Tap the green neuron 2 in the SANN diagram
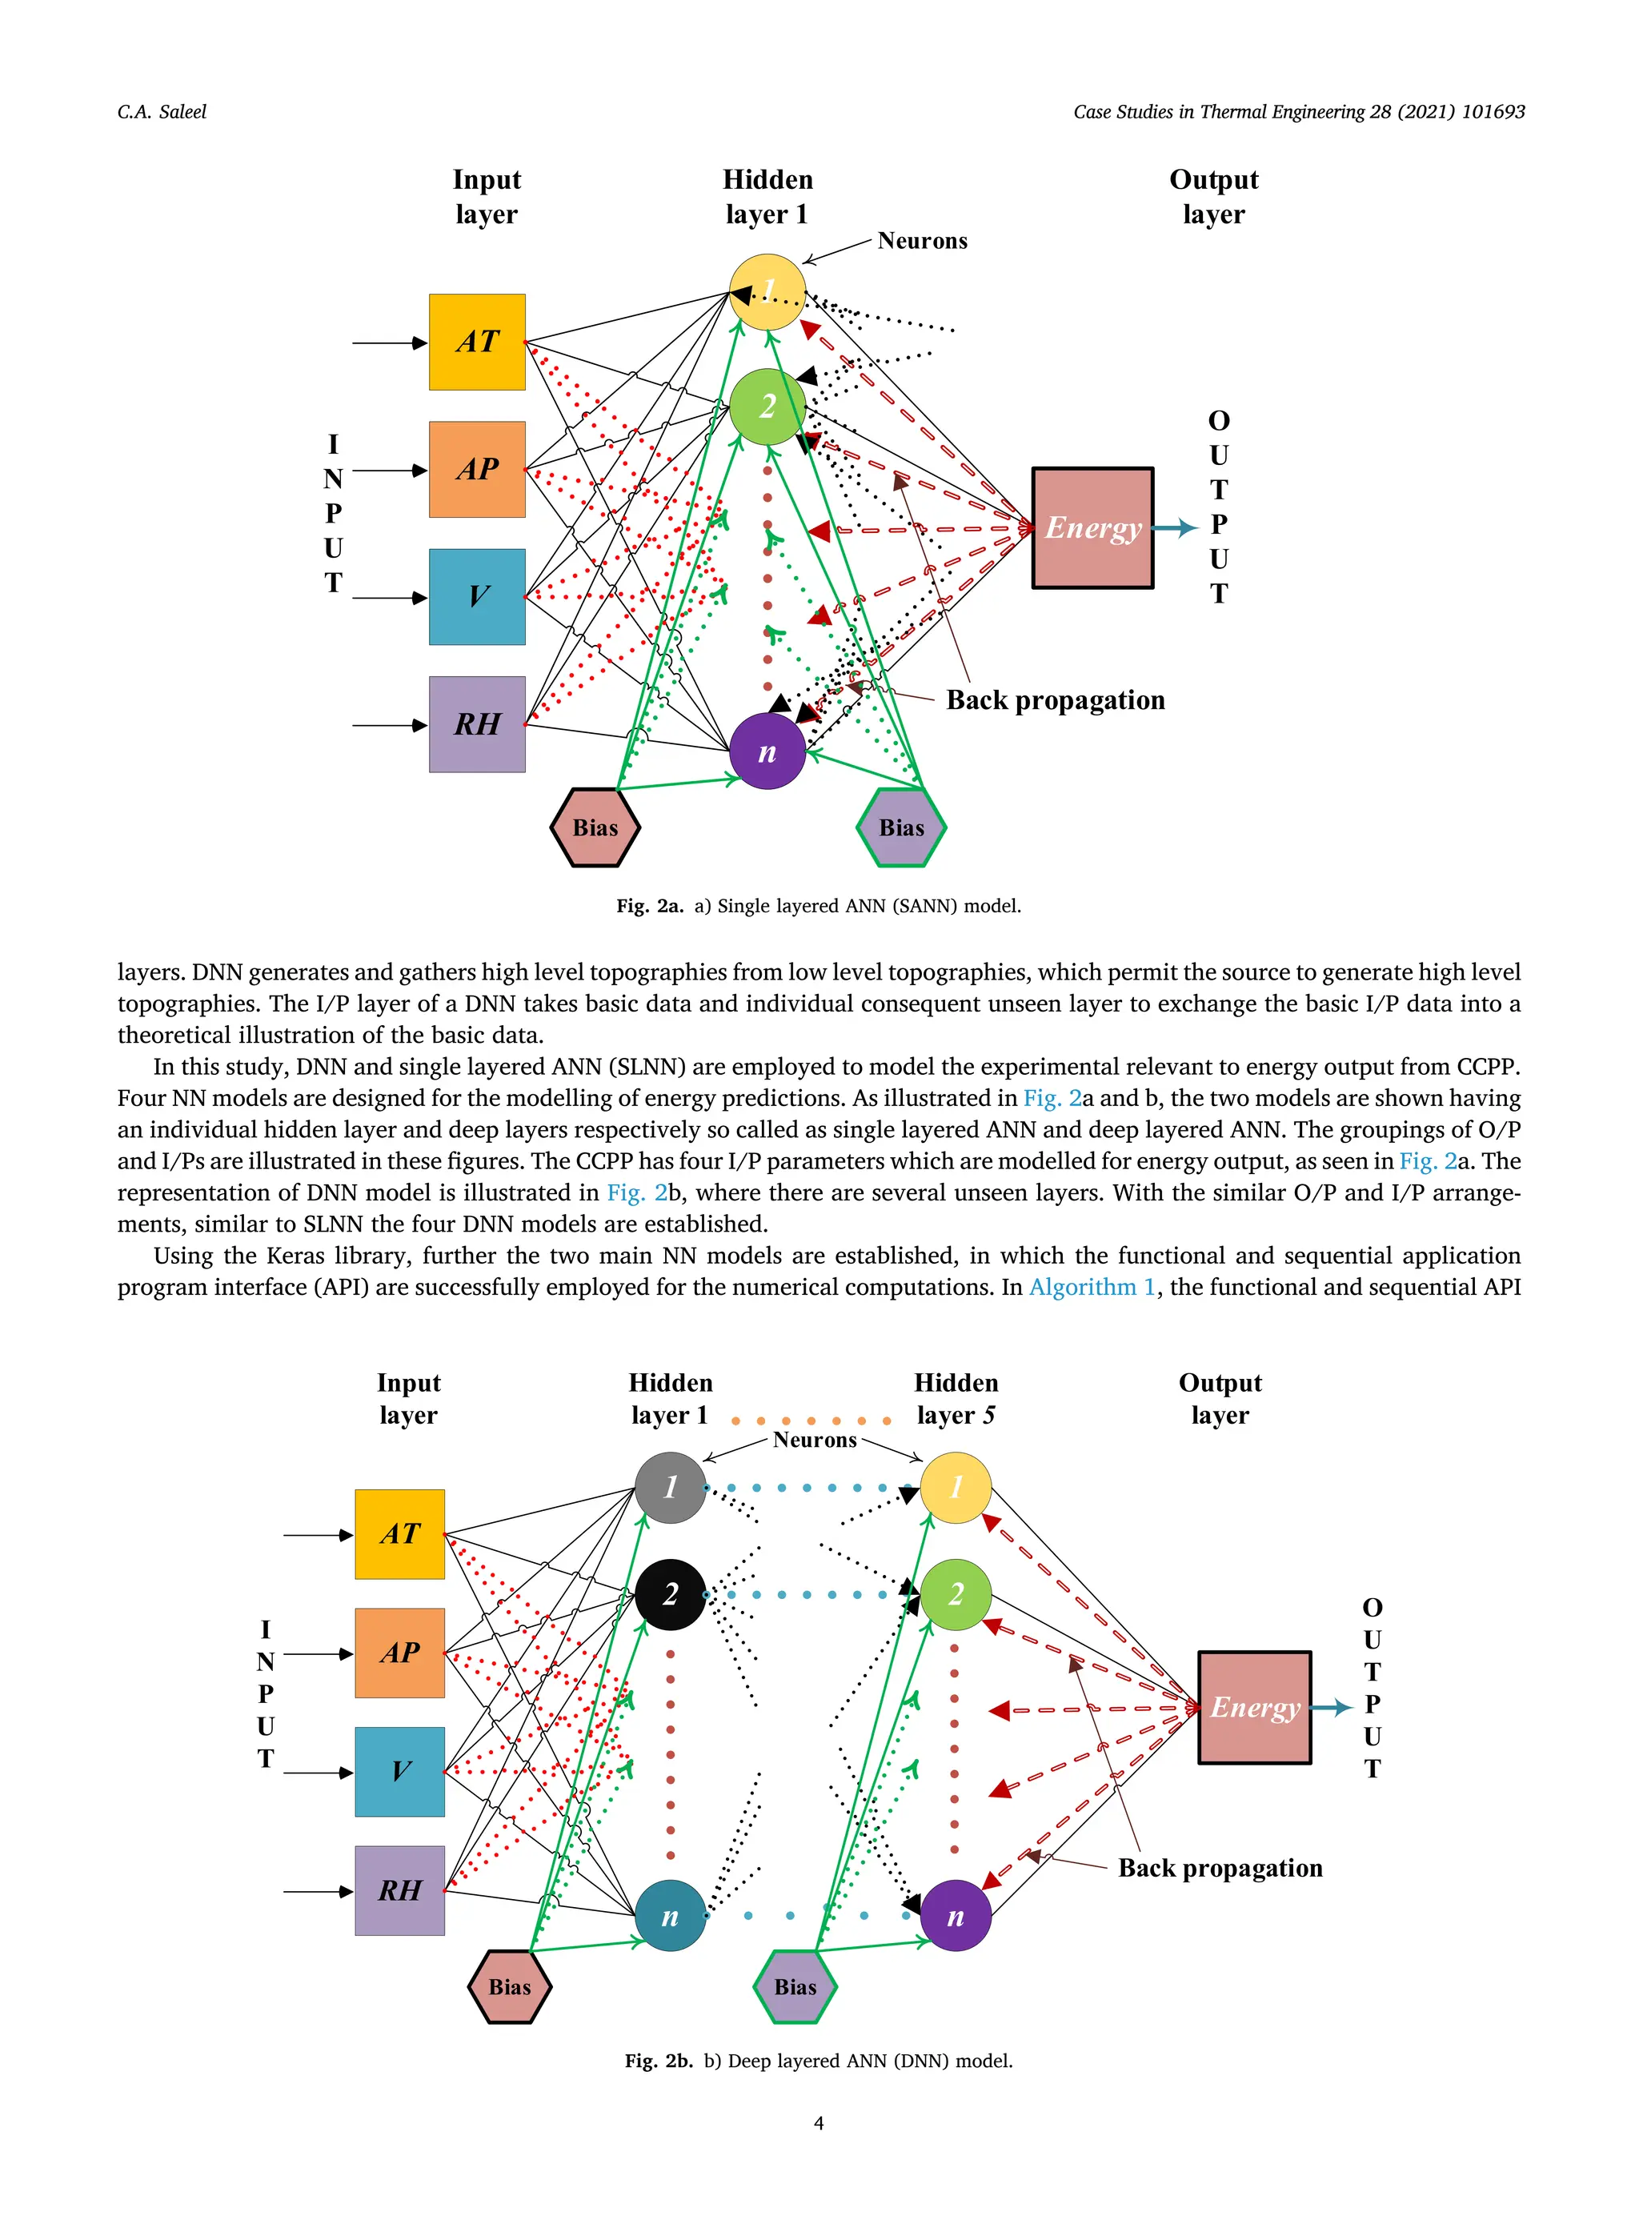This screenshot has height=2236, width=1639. [767, 406]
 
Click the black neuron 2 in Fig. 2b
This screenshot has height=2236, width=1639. [670, 1594]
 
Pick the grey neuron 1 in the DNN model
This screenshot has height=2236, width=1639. [670, 1487]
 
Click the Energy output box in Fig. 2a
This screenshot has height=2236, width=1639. [1092, 527]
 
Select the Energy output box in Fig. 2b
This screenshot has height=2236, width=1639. [1254, 1707]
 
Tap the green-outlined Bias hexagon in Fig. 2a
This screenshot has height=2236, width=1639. [901, 827]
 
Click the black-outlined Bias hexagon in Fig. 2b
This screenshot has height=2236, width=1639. [509, 1986]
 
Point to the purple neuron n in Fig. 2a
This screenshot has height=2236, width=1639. [767, 751]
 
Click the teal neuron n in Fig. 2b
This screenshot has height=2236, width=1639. [670, 1916]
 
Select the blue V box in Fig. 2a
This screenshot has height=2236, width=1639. [476, 596]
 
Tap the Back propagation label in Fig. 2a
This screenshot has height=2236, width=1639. [1055, 700]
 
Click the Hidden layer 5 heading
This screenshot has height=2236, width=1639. [956, 1398]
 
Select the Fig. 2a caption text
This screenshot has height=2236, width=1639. [818, 906]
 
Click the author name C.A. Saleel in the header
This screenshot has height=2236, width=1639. [162, 112]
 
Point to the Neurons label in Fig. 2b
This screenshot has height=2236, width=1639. [815, 1440]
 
